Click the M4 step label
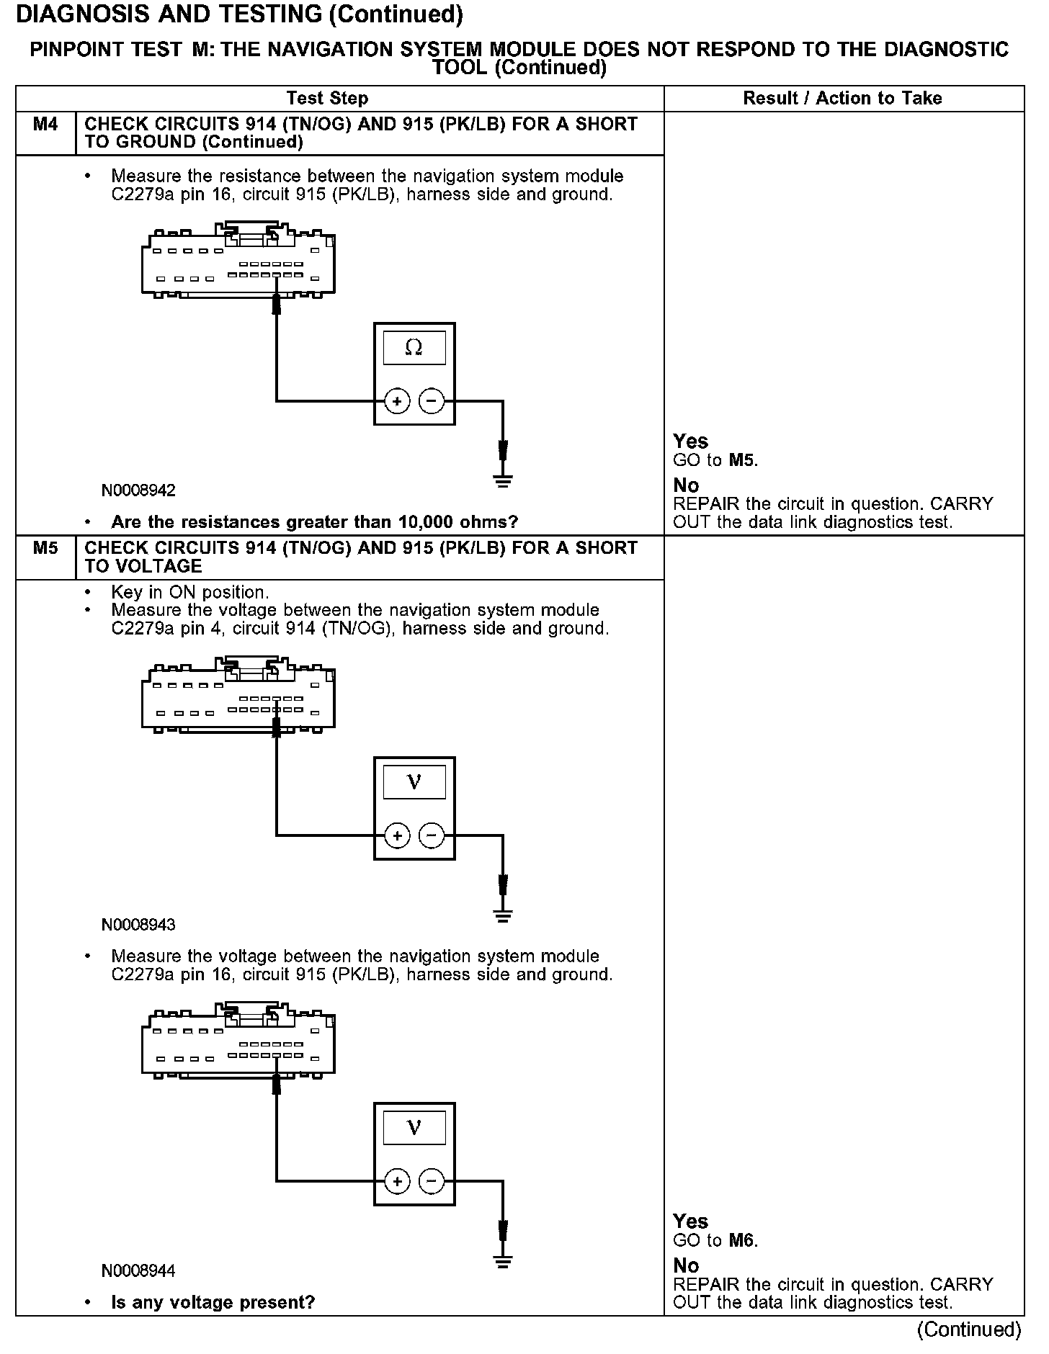[x=45, y=125]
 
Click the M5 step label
[x=45, y=548]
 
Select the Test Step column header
[x=327, y=98]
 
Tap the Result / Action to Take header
[x=842, y=98]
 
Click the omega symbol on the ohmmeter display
[x=414, y=348]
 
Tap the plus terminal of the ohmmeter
[x=397, y=400]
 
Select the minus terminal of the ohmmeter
[x=432, y=400]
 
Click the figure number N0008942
[x=138, y=490]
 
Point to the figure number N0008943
[x=138, y=925]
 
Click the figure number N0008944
[x=138, y=1270]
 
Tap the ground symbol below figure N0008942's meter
[x=503, y=481]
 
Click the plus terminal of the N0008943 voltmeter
[x=397, y=835]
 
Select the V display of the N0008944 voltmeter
[x=414, y=1128]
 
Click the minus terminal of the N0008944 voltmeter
[x=432, y=1181]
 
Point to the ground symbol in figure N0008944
[x=503, y=1262]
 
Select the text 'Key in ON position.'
[x=190, y=592]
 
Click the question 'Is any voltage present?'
[x=213, y=1302]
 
